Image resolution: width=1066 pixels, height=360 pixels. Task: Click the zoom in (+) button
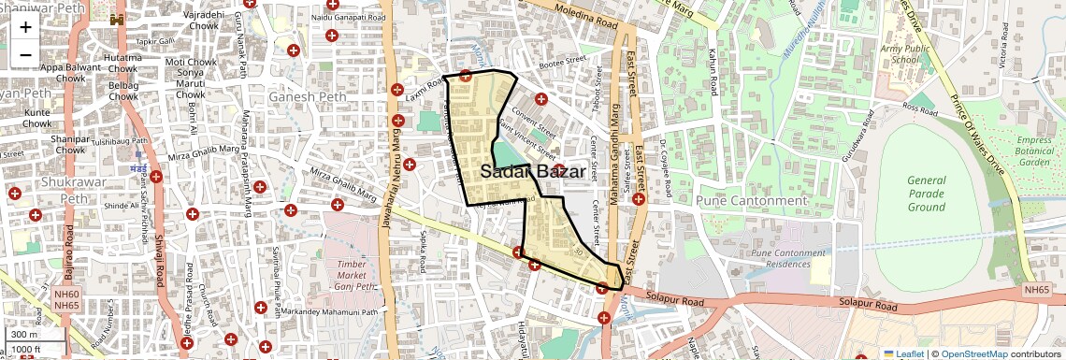(25, 26)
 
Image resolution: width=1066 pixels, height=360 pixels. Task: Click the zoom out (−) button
(25, 53)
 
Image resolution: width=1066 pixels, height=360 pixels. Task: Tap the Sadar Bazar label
(533, 172)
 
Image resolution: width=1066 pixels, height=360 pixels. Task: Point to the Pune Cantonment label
(751, 200)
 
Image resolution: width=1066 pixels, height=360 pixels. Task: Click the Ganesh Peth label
(301, 97)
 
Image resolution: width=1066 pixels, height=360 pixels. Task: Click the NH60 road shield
(66, 294)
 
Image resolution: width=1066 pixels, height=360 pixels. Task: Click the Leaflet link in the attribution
(903, 353)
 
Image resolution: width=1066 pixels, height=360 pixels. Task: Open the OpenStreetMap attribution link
(973, 353)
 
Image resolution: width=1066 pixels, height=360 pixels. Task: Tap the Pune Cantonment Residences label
(788, 258)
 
